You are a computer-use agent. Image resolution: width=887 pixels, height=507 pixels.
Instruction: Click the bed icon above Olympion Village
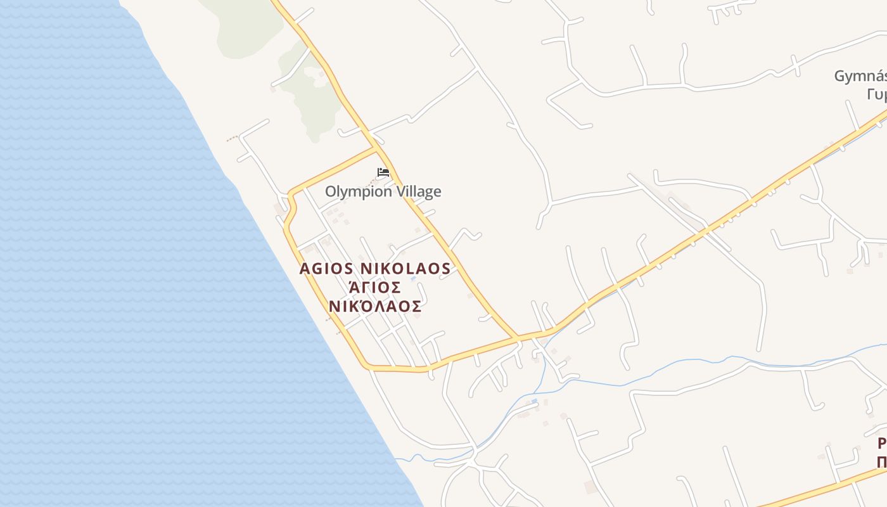pos(383,172)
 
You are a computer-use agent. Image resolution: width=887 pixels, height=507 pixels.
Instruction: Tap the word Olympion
pos(359,191)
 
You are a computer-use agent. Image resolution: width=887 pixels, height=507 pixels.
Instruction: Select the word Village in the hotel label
pos(418,191)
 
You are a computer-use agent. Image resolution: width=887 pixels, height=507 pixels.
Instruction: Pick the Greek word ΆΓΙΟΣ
pos(375,288)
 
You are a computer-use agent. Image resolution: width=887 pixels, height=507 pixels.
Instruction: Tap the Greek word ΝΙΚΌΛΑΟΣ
pos(375,307)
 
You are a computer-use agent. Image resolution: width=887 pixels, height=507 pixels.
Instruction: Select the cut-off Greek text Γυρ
pos(876,94)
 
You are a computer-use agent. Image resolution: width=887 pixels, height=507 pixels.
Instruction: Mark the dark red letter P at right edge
pos(882,444)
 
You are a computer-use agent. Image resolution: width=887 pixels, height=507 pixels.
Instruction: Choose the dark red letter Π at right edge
pos(882,462)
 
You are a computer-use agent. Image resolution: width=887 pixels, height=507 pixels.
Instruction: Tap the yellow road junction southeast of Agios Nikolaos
pos(518,337)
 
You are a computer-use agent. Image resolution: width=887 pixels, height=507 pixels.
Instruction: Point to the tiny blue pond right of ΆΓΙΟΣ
pos(413,278)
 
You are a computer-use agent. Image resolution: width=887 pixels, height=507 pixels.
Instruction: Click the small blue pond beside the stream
pos(535,401)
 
